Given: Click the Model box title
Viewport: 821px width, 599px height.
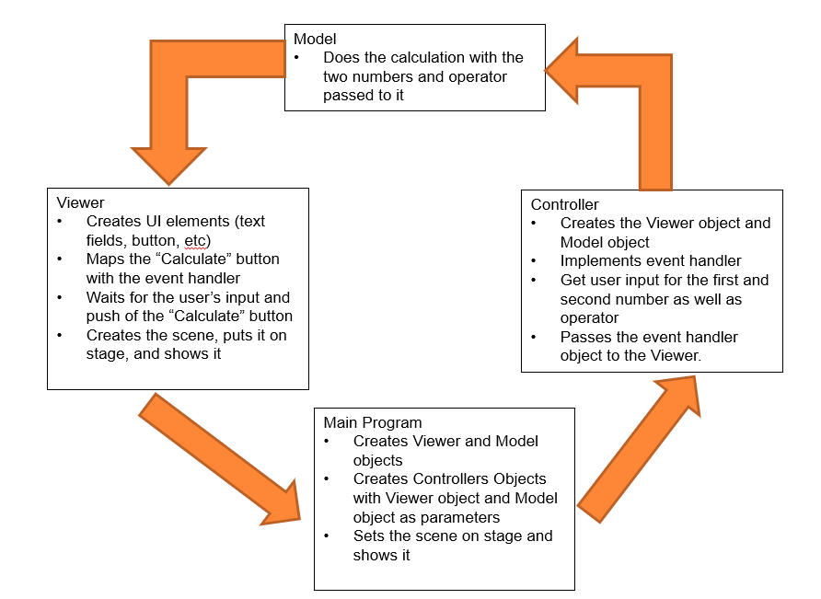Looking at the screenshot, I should coord(315,39).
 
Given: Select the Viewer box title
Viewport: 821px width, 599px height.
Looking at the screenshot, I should coord(80,202).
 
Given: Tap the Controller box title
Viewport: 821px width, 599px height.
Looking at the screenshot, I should coord(564,204).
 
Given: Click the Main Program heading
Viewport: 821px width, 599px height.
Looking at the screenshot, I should coord(373,422).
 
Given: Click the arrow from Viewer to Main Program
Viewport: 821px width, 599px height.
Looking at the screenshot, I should coord(221,459).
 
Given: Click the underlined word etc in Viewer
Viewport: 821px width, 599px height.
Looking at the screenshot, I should coord(200,240).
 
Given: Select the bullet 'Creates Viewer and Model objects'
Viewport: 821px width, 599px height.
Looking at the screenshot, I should coord(445,450).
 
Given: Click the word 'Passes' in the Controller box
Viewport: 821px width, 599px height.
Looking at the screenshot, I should coord(584,337).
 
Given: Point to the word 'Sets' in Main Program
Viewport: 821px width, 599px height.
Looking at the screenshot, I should coord(368,536).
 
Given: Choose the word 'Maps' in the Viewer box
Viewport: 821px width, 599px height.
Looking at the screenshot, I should coord(106,259).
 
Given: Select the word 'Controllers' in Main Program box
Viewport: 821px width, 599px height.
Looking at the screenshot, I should coord(448,478).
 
